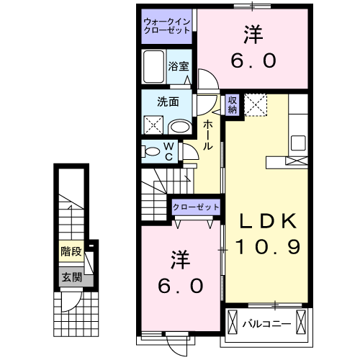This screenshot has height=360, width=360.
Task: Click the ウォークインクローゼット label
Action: (167, 26)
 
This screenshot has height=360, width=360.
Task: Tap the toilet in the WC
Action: (152, 151)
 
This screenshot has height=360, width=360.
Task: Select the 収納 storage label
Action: (232, 105)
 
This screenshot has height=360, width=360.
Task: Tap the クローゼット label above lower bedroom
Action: (196, 207)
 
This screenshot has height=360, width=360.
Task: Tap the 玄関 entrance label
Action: (71, 277)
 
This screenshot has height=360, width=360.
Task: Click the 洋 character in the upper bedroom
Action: (253, 35)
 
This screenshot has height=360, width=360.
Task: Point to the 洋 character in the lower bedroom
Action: (179, 258)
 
